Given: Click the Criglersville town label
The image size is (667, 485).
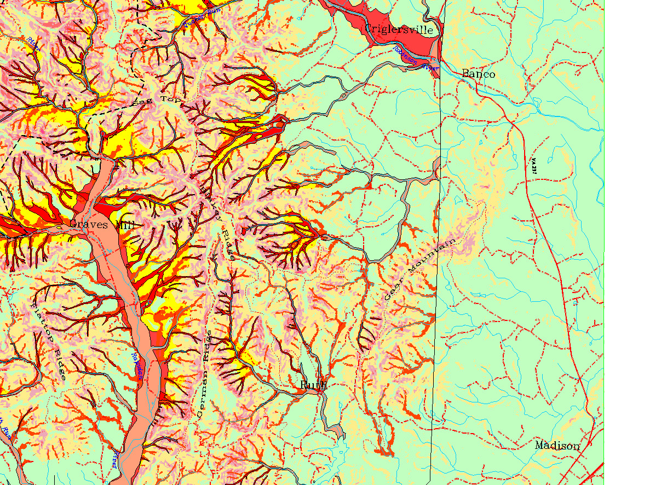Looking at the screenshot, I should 399,30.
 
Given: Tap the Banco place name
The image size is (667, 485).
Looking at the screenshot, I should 478,74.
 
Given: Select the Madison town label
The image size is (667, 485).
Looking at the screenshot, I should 557,446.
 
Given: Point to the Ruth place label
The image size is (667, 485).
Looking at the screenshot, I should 313,385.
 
